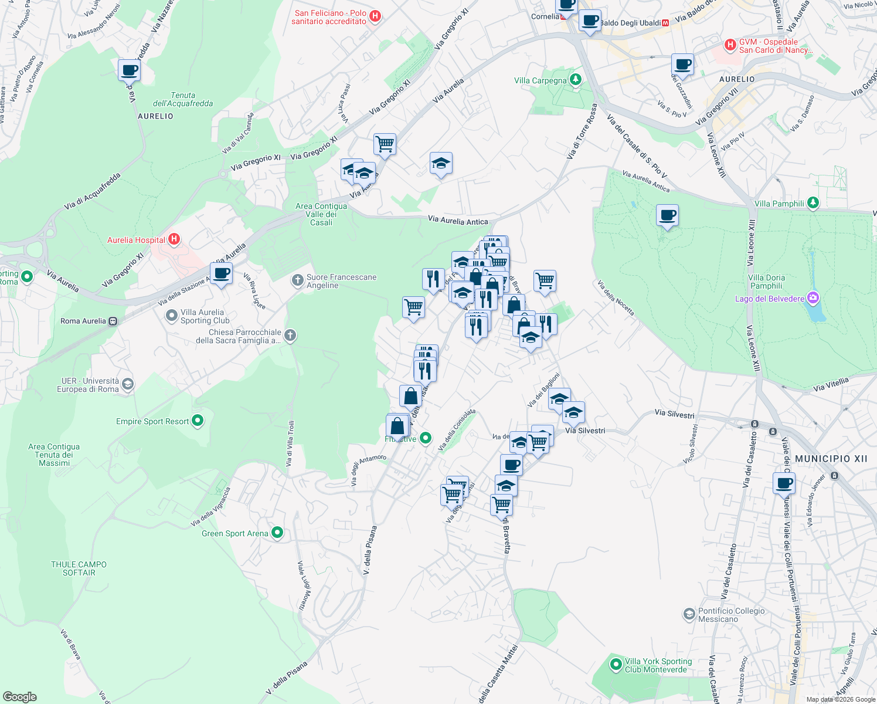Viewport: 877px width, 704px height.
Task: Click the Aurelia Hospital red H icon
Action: pyautogui.click(x=174, y=239)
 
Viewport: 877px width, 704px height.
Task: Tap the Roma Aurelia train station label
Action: pyautogui.click(x=83, y=321)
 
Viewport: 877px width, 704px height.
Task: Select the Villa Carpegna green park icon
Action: pyautogui.click(x=576, y=80)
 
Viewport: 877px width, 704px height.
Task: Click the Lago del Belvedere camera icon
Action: pyautogui.click(x=813, y=299)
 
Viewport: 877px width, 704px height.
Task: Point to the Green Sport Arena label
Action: pyautogui.click(x=234, y=533)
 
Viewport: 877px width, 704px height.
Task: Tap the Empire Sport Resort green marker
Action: pyautogui.click(x=198, y=420)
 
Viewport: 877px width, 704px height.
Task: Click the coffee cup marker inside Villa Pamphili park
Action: pyautogui.click(x=667, y=215)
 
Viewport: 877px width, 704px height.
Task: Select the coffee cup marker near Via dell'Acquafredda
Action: pyautogui.click(x=129, y=70)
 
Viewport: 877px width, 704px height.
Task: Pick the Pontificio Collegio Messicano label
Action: pyautogui.click(x=731, y=615)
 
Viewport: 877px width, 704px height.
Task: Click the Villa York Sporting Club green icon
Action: pyautogui.click(x=616, y=665)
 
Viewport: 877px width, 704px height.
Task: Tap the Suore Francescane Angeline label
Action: pyautogui.click(x=341, y=281)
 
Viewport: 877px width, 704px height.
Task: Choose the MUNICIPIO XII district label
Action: pyautogui.click(x=831, y=459)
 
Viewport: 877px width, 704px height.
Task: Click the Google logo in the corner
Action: pyautogui.click(x=19, y=696)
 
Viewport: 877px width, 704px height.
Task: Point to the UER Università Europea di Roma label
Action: pyautogui.click(x=88, y=385)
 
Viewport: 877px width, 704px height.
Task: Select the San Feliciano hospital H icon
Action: pyautogui.click(x=376, y=16)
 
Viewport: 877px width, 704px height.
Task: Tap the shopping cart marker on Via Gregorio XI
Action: pyautogui.click(x=385, y=144)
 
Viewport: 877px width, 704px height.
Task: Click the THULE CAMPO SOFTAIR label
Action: pyautogui.click(x=79, y=568)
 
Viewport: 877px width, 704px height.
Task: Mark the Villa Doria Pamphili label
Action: pyautogui.click(x=766, y=282)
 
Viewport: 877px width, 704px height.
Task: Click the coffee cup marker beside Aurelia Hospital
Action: pyautogui.click(x=221, y=273)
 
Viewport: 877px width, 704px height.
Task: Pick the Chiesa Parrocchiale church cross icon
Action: pyautogui.click(x=290, y=336)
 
